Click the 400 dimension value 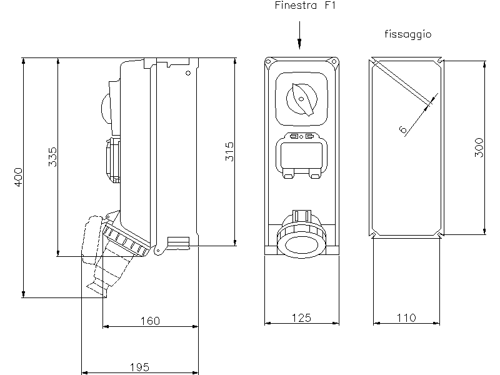click(19, 177)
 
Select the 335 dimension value click(52, 157)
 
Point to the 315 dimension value click(229, 152)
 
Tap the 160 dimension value click(150, 321)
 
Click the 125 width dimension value click(302, 317)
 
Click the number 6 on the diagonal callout click(403, 129)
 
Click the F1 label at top click(332, 6)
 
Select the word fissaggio click(407, 35)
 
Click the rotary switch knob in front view click(301, 99)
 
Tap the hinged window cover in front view click(301, 156)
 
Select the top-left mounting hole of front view click(269, 61)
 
